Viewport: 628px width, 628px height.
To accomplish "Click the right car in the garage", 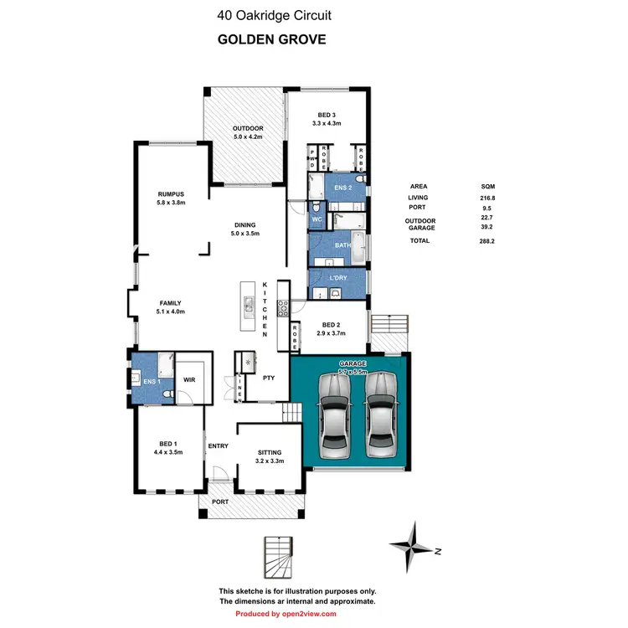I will [379, 414].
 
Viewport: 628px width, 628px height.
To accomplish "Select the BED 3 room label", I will [326, 115].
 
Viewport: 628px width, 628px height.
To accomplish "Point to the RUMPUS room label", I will [170, 193].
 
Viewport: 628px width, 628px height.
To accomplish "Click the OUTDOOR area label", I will [247, 128].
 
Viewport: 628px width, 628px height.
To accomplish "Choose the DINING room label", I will [245, 224].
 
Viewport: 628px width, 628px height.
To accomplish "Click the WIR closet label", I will [189, 378].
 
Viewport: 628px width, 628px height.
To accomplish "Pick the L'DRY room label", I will [338, 277].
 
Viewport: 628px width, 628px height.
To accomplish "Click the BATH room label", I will [342, 245].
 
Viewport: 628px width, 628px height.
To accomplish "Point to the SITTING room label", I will [269, 452].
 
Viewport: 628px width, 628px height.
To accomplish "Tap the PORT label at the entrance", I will [219, 502].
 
